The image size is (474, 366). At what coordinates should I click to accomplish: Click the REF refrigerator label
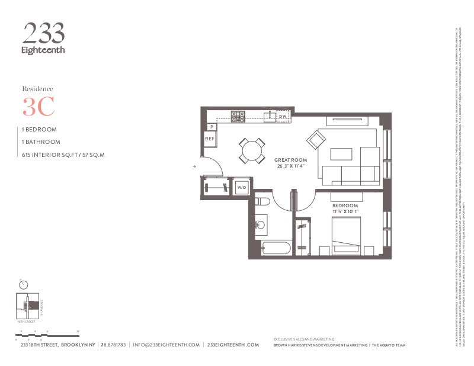[209, 139]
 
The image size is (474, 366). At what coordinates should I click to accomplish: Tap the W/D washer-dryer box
[242, 187]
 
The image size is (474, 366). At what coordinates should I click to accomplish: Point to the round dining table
[252, 150]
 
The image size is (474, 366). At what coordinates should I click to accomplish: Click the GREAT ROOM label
[290, 160]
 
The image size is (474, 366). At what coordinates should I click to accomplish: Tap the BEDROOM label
[344, 205]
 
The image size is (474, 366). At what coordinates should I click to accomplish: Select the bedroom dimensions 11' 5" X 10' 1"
[344, 211]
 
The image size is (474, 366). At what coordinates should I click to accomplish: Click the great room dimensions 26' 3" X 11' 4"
[290, 166]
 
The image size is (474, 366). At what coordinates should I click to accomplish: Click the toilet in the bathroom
[262, 202]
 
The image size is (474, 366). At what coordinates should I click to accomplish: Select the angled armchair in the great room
[316, 140]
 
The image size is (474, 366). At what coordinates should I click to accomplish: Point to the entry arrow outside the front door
[195, 168]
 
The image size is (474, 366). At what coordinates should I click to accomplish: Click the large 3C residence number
[39, 107]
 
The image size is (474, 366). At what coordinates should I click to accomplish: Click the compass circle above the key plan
[24, 284]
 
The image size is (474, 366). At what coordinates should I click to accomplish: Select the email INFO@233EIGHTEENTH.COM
[166, 345]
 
